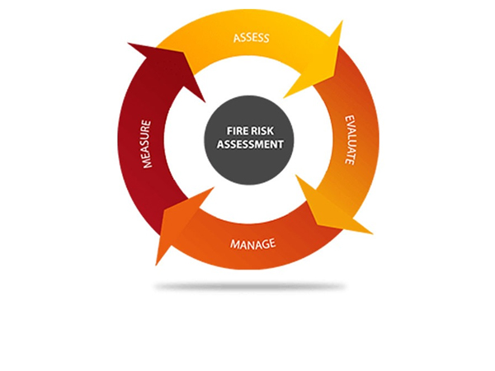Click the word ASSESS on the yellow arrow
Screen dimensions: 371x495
click(x=251, y=38)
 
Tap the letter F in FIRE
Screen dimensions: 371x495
click(x=229, y=129)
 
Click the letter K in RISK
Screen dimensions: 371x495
click(x=279, y=129)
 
